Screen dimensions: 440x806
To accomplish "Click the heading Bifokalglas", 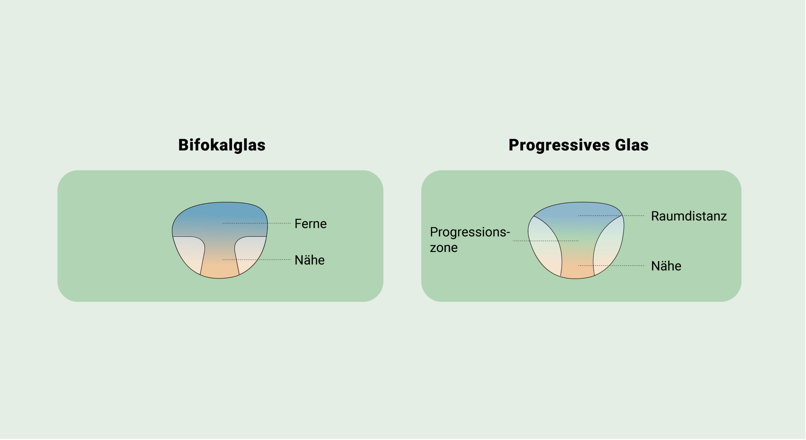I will coord(222,145).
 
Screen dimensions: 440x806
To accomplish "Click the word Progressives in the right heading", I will coord(559,145).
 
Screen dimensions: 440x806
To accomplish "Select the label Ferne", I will coord(310,224).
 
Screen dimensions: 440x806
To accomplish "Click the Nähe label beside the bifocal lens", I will coord(309,260).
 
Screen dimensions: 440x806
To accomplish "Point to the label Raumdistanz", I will coord(689,216).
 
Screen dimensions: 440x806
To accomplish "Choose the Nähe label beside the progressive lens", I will coord(666,266).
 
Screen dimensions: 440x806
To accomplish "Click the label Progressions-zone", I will coord(469,240).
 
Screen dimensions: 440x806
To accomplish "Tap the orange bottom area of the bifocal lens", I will coord(220,269).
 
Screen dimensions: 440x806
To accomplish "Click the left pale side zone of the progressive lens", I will coord(544,247).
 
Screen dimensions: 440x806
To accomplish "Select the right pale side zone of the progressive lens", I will coord(609,247).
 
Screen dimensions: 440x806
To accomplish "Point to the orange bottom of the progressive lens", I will coord(577,271).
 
